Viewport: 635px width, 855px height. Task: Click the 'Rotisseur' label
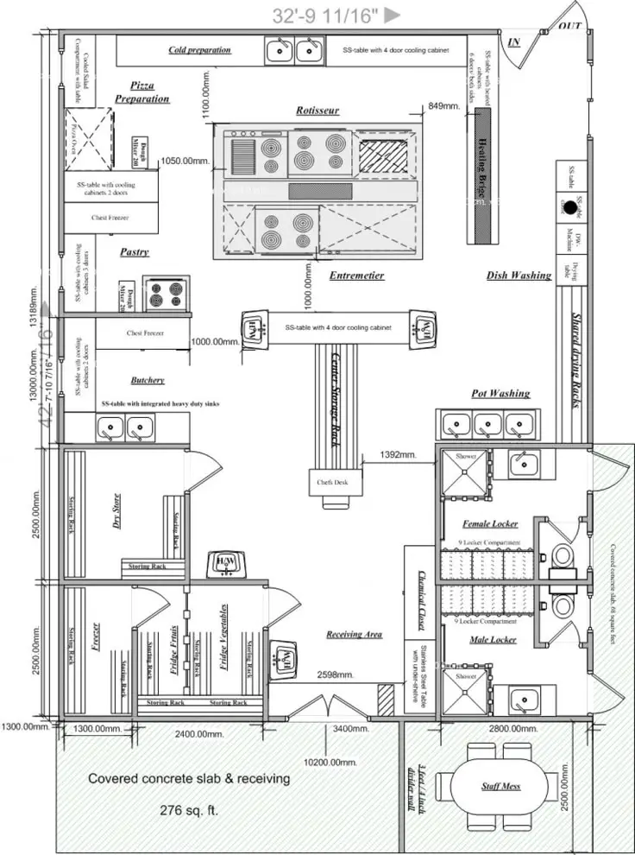point(317,111)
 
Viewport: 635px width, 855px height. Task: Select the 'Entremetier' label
point(356,275)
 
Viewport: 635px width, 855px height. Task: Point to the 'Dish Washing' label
point(519,275)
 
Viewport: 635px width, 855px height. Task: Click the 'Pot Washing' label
point(500,394)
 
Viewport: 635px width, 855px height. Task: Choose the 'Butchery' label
point(148,380)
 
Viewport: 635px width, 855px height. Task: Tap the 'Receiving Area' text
point(354,635)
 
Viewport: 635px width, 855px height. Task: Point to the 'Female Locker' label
point(490,524)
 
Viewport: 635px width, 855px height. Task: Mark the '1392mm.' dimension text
point(399,454)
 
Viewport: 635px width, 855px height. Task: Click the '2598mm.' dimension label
point(333,674)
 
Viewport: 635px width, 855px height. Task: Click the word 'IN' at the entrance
point(514,42)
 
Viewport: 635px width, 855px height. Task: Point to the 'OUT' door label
point(569,27)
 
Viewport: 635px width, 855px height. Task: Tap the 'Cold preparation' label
point(199,50)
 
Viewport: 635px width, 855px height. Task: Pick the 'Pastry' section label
point(135,252)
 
